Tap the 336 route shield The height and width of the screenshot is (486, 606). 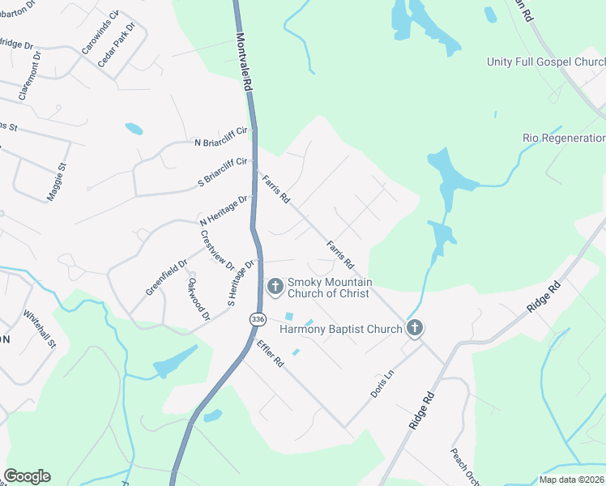(x=258, y=319)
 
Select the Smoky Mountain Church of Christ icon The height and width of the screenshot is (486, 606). (x=275, y=286)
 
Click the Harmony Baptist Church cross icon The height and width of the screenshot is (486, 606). (x=415, y=328)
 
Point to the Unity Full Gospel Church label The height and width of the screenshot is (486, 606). (x=545, y=62)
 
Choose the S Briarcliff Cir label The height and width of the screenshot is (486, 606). (x=222, y=171)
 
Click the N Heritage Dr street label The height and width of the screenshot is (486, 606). (x=224, y=210)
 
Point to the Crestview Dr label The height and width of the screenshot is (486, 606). (x=217, y=250)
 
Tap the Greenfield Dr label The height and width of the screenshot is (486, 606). (x=166, y=277)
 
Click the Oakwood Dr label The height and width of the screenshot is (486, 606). (x=198, y=298)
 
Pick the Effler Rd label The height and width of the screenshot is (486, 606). (x=268, y=354)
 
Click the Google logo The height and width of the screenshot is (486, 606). (x=27, y=476)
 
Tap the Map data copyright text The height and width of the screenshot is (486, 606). (x=570, y=479)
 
